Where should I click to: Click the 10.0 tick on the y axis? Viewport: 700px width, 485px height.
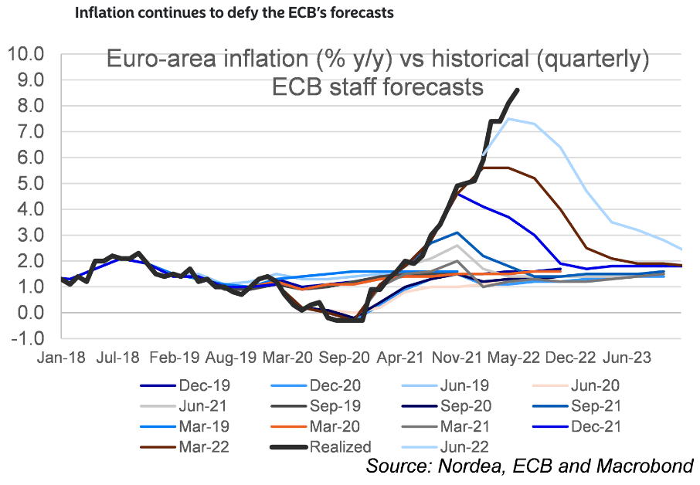pyautogui.click(x=25, y=54)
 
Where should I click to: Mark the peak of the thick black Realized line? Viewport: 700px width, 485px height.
pyautogui.click(x=517, y=90)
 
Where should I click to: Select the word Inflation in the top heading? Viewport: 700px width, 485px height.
pyautogui.click(x=107, y=13)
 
